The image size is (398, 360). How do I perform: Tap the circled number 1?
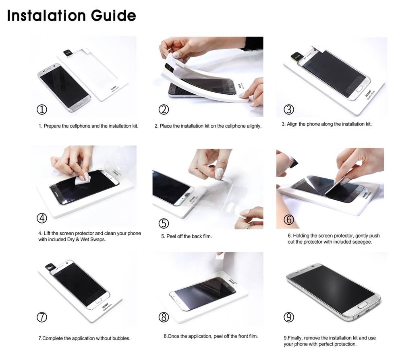click(x=41, y=109)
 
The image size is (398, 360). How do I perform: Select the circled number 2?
click(x=164, y=109)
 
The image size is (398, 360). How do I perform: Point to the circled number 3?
click(x=289, y=109)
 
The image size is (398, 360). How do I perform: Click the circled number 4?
click(x=41, y=218)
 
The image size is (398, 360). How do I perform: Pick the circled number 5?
click(x=164, y=223)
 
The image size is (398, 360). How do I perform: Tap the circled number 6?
click(x=289, y=219)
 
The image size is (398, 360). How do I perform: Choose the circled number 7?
click(x=41, y=317)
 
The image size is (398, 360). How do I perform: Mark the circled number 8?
click(x=164, y=317)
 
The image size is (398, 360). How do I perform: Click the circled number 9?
click(x=289, y=317)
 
